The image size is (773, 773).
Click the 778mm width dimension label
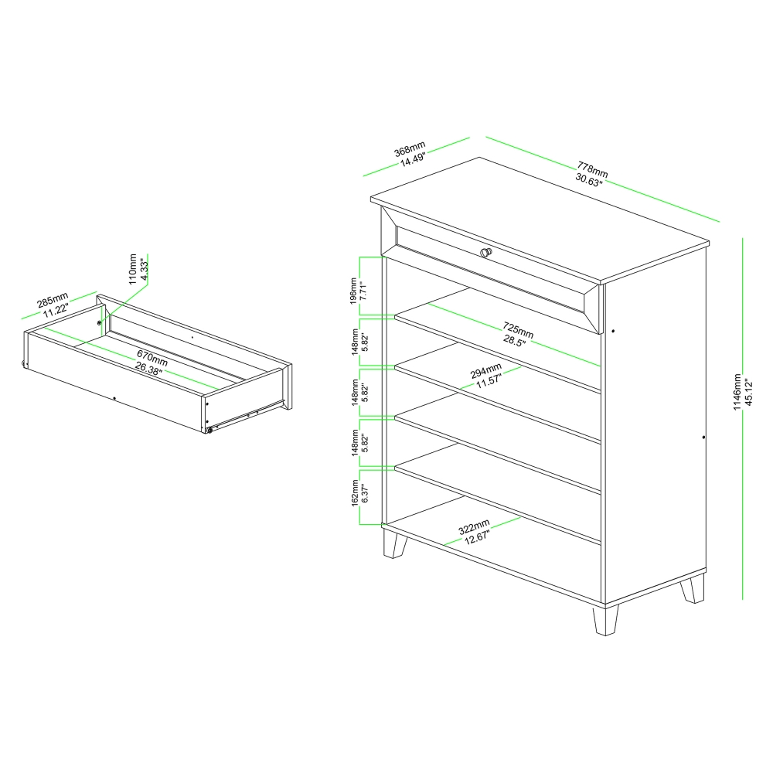pos(593,169)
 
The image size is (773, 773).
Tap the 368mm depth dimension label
pos(410,148)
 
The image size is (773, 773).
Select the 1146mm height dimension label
pos(737,392)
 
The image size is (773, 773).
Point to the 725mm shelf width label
pos(518,329)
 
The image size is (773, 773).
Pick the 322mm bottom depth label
pos(474,526)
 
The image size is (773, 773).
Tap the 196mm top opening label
pos(353,291)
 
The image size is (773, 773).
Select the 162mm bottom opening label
pos(355,492)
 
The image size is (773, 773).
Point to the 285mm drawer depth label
pos(53,300)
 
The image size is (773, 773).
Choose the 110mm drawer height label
pos(132,269)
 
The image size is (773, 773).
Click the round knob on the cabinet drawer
pos(485,252)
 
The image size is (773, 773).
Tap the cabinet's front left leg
pos(395,543)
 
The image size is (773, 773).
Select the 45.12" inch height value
pos(748,392)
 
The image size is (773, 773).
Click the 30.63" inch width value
pos(589,179)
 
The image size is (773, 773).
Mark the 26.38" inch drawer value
pos(148,368)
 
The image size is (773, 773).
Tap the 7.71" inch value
pos(364,291)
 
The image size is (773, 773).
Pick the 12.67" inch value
pos(477,536)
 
